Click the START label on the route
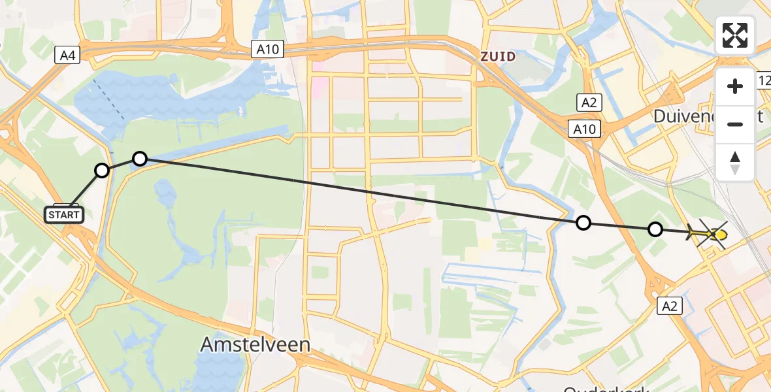click(64, 214)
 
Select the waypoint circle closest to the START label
click(102, 171)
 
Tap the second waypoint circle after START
click(140, 158)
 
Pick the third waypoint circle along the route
click(583, 223)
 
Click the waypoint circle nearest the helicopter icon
click(655, 229)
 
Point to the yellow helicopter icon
click(709, 233)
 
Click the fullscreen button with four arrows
click(735, 35)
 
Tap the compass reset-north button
click(735, 163)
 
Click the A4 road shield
click(68, 56)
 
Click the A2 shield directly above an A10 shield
click(588, 102)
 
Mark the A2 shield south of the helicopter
click(670, 306)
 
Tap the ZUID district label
click(498, 57)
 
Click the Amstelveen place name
click(255, 344)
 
